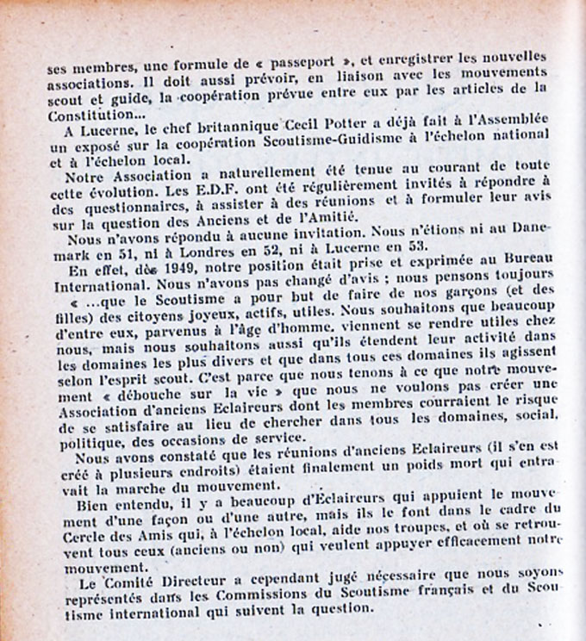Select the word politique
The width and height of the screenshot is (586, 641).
(x=77, y=450)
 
